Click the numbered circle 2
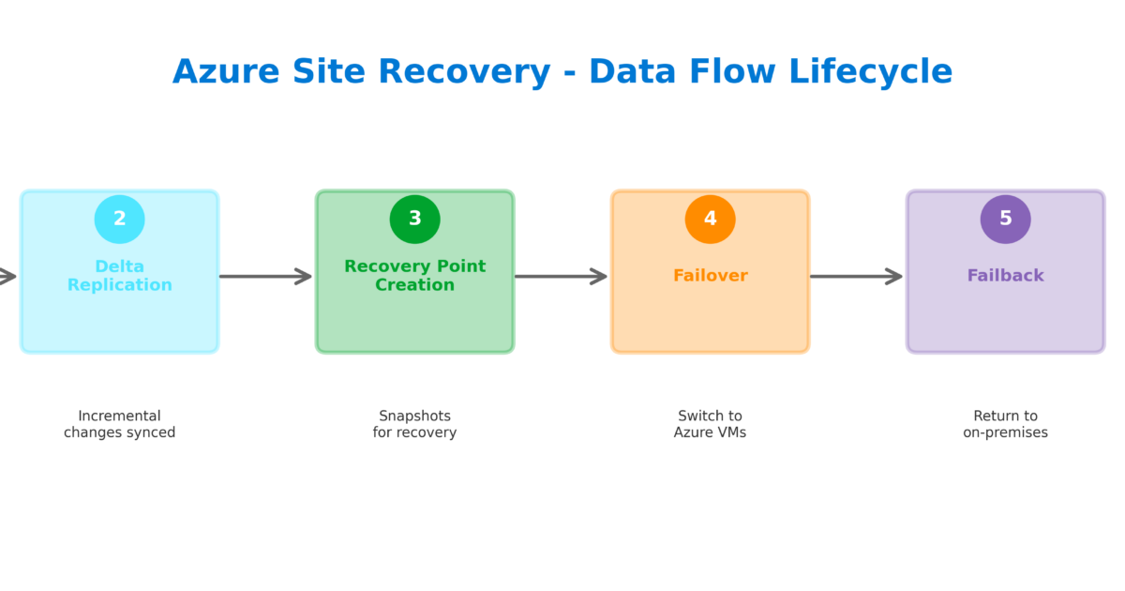coord(119,220)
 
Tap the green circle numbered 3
coord(414,220)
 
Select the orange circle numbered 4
coord(710,220)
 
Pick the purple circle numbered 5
coord(1005,220)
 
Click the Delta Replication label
coord(119,276)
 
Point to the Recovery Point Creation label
coord(414,276)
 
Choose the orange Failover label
coord(710,276)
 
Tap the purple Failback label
coord(1005,276)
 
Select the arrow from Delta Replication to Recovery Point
coord(266,276)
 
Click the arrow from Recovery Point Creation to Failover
coord(562,276)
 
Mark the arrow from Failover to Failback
coord(857,276)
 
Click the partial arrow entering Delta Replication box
coord(7,276)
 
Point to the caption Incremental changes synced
coord(119,424)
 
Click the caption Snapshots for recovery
coord(414,424)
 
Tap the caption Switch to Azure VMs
coord(710,424)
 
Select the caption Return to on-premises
coord(1005,424)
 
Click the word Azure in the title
coord(225,72)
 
